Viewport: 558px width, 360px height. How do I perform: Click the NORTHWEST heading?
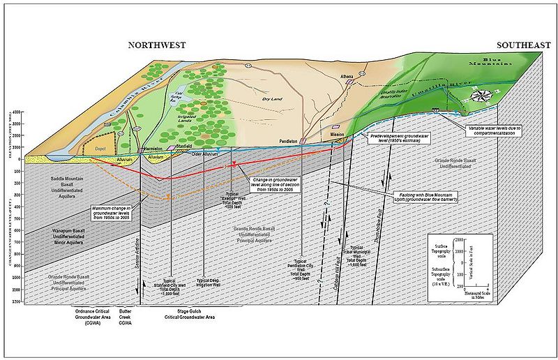(156, 45)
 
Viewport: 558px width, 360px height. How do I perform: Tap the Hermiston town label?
(153, 149)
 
